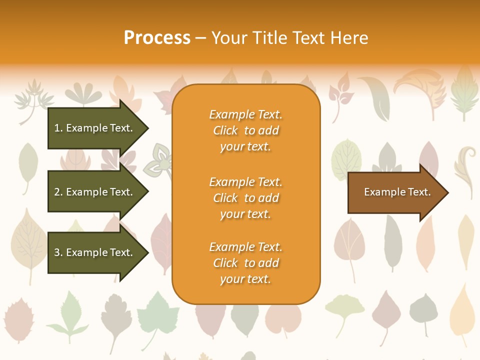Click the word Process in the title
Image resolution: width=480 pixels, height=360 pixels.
(156, 37)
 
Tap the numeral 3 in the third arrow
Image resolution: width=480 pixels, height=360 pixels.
(57, 252)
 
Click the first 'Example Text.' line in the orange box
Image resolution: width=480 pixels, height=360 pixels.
(245, 114)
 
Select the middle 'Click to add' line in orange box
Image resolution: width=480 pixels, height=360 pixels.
(245, 198)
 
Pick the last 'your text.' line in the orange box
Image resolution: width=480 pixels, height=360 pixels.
(245, 279)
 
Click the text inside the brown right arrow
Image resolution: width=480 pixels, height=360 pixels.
(397, 192)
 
